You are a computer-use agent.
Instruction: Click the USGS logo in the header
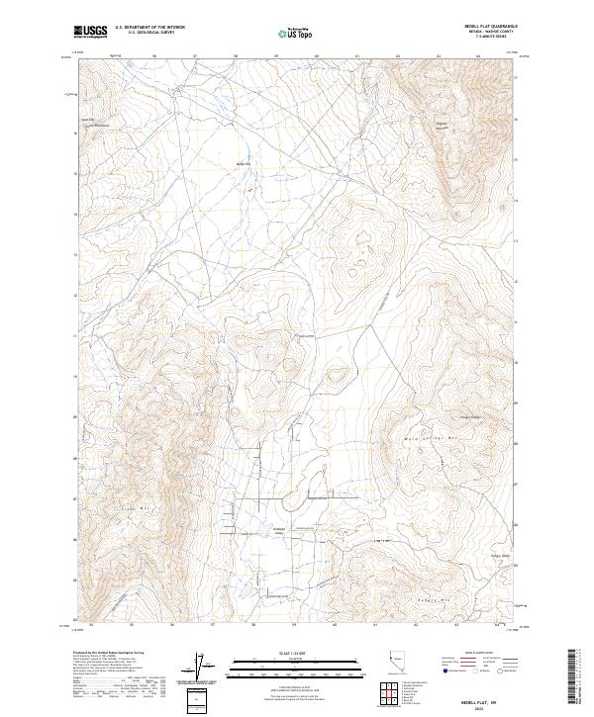pos(89,32)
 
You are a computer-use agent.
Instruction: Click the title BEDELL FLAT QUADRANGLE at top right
pos(484,27)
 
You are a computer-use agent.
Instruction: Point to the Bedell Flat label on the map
pos(244,163)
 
